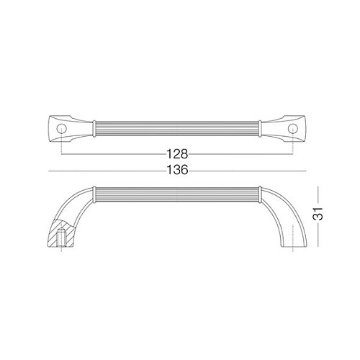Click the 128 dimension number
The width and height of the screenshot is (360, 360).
pyautogui.click(x=177, y=154)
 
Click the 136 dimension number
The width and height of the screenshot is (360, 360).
pyautogui.click(x=177, y=170)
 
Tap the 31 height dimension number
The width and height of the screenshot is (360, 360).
pyautogui.click(x=318, y=214)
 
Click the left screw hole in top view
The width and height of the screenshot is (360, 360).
pyautogui.click(x=61, y=129)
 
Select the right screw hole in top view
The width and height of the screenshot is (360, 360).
pyautogui.click(x=293, y=129)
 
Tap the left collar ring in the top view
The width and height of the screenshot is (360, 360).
pyautogui.click(x=94, y=129)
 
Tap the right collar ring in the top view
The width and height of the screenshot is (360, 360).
pyautogui.click(x=260, y=129)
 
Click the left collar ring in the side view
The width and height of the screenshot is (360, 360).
pyautogui.click(x=94, y=194)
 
